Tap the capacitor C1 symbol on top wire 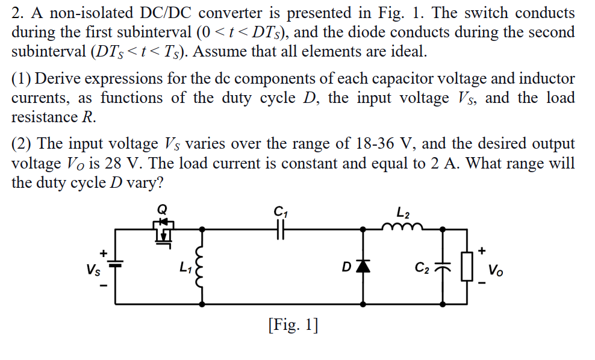281,229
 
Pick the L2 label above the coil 403,211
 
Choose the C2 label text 423,267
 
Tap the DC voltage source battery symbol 116,263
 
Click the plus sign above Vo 482,249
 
